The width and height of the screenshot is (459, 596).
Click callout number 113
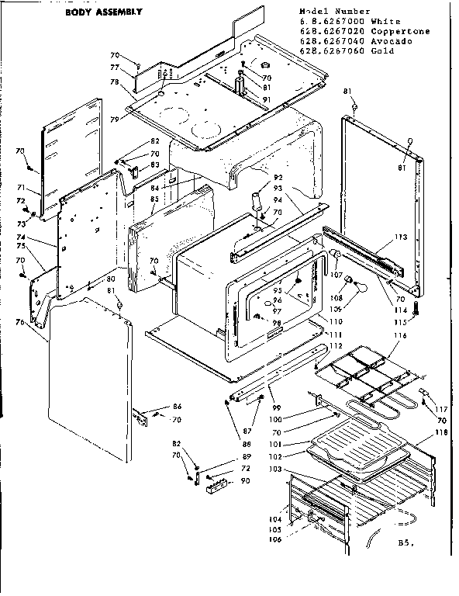[x=400, y=238]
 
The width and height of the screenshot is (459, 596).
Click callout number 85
[x=154, y=199]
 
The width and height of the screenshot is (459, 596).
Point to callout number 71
[x=22, y=188]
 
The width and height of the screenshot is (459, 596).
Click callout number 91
[x=266, y=99]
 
